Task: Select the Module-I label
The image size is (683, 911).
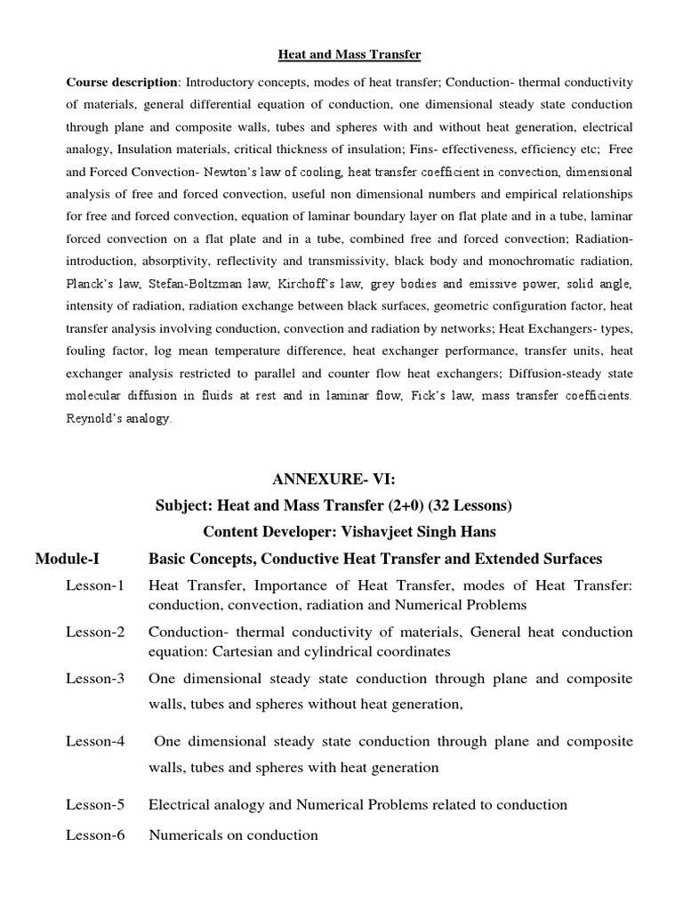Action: pos(68,559)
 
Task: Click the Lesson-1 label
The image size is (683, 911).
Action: pos(95,585)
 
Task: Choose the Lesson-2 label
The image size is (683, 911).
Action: pos(95,632)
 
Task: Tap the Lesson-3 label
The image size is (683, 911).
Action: pos(95,679)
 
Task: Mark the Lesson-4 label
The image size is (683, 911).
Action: pos(95,741)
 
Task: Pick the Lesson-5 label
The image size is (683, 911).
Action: pos(95,804)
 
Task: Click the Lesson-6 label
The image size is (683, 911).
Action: pos(95,834)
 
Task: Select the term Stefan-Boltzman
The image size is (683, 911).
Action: pos(187,284)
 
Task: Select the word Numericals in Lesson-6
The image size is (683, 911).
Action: pos(185,834)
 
